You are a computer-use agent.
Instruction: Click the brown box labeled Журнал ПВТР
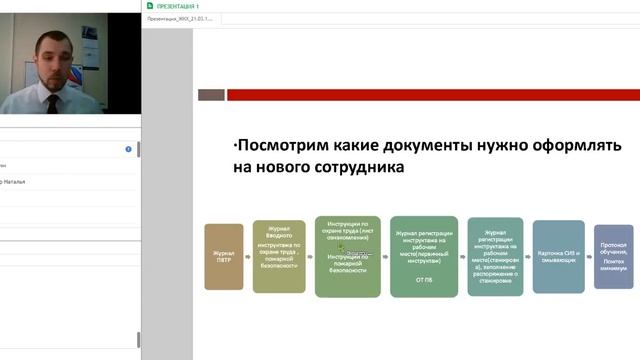click(x=223, y=256)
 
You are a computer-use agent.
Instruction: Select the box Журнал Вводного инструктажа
click(x=279, y=257)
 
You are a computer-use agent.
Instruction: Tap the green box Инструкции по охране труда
click(x=347, y=256)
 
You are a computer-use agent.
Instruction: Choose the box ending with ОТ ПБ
click(x=423, y=256)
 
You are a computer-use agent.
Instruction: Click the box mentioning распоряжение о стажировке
click(x=495, y=256)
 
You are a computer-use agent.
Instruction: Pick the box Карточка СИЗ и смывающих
click(x=558, y=257)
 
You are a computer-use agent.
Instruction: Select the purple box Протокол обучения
click(x=613, y=257)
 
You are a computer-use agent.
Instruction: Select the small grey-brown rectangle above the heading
click(x=210, y=95)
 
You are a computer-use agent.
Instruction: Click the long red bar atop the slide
click(x=430, y=95)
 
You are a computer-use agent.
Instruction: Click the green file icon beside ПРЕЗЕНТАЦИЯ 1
click(x=149, y=5)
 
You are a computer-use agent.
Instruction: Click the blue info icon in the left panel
click(x=129, y=149)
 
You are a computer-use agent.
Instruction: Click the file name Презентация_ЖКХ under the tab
click(x=180, y=18)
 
